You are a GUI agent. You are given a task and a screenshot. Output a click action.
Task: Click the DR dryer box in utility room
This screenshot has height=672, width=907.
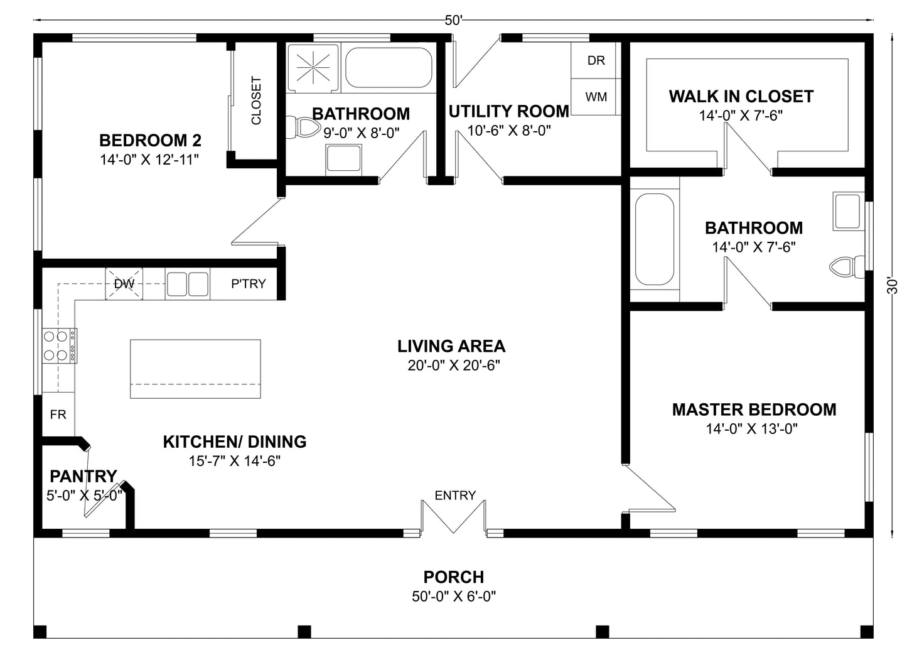[596, 60]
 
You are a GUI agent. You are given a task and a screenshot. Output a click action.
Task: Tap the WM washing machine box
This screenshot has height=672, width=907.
[596, 97]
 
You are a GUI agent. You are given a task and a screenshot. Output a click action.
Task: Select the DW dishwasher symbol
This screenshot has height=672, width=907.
[124, 284]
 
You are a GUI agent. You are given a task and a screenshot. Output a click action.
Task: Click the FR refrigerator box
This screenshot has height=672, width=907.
[58, 415]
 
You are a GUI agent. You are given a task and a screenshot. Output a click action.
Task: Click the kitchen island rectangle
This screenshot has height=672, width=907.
[195, 369]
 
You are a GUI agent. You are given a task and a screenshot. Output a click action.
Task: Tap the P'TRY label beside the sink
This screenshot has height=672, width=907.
[248, 284]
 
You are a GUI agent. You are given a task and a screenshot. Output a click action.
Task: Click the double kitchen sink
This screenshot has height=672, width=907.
[187, 284]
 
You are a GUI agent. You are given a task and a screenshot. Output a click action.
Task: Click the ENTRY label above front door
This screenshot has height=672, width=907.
[455, 496]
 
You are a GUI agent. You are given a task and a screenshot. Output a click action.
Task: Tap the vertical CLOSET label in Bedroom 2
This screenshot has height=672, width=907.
[256, 101]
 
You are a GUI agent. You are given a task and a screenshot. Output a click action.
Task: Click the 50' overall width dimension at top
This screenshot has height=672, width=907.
[453, 20]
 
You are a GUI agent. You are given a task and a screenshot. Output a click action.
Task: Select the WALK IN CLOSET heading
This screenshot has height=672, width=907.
[741, 96]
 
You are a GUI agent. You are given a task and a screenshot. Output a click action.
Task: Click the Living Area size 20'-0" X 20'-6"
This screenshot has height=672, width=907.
[453, 366]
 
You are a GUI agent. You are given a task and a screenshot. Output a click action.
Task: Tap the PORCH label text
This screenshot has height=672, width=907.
[453, 577]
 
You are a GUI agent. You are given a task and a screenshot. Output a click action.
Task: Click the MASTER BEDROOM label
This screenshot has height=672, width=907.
[754, 409]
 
